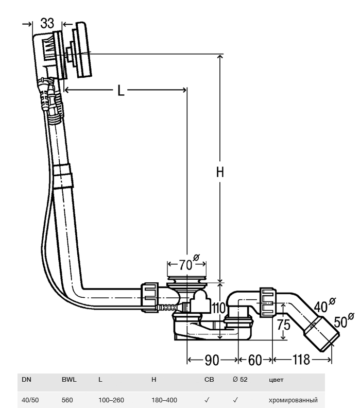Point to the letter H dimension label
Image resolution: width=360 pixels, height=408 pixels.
tap(220, 173)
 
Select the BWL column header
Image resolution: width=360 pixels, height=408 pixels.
tap(69, 380)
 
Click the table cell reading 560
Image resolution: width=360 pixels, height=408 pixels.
tap(67, 400)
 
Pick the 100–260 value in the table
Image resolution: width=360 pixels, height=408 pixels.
tap(111, 400)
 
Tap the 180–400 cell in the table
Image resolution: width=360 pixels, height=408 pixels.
tap(164, 400)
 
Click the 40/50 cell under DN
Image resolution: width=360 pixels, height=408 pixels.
tap(28, 400)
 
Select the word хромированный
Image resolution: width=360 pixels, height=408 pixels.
tap(293, 400)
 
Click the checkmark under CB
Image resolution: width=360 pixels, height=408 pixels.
tap(207, 400)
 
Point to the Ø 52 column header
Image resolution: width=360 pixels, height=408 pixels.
tap(240, 380)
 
